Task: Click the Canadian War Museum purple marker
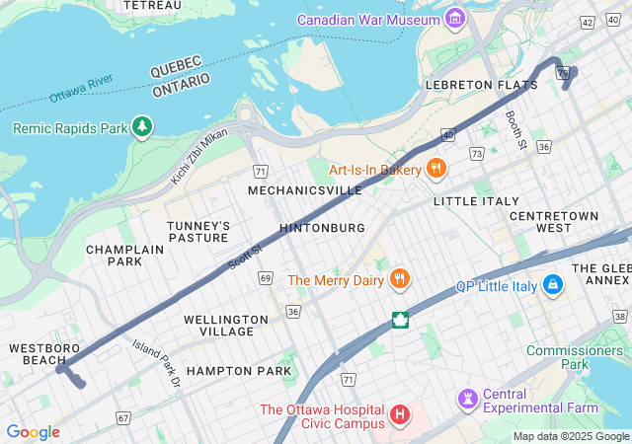pyautogui.click(x=454, y=19)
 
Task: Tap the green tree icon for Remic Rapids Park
pyautogui.click(x=144, y=127)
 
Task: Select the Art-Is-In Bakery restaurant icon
pyautogui.click(x=435, y=170)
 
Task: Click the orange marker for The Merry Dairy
pyautogui.click(x=400, y=280)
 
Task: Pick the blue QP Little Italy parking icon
pyautogui.click(x=552, y=286)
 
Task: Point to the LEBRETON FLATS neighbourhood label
pyautogui.click(x=481, y=85)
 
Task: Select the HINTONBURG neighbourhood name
pyautogui.click(x=322, y=227)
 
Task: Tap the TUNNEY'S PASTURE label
pyautogui.click(x=197, y=232)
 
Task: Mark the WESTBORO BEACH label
pyautogui.click(x=39, y=354)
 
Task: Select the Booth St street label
pyautogui.click(x=513, y=130)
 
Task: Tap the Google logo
pyautogui.click(x=33, y=431)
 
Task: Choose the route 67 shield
pyautogui.click(x=122, y=418)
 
